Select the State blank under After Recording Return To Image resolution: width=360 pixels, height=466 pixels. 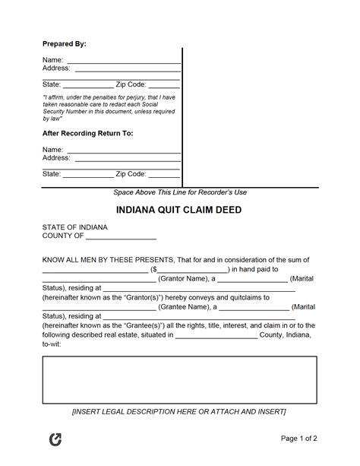coord(87,175)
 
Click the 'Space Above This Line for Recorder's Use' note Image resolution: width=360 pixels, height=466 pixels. coord(180,192)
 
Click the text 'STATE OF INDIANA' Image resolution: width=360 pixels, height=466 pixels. coord(74,227)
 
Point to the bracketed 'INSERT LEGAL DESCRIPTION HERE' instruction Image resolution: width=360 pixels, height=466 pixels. coord(179,412)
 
